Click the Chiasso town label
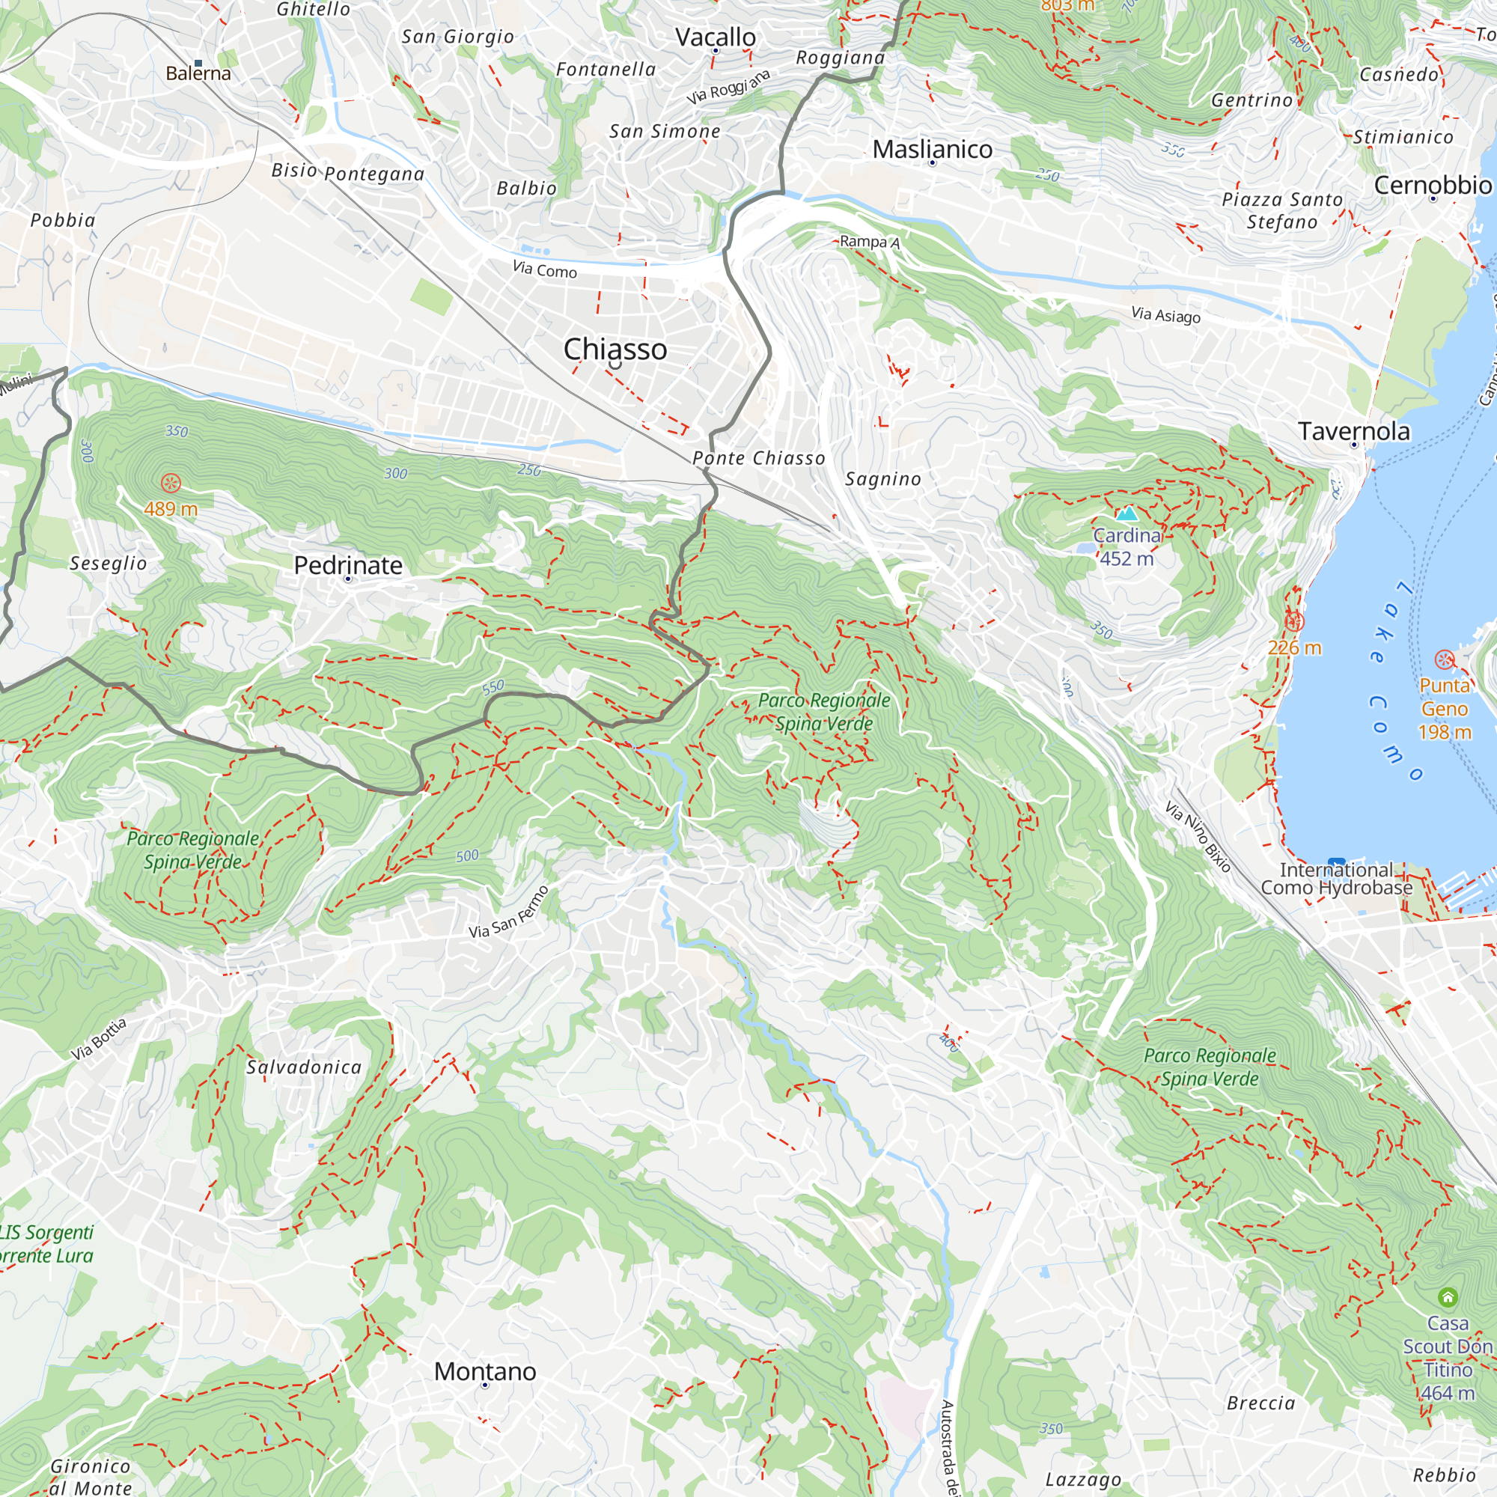(x=615, y=350)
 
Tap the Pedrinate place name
(x=348, y=566)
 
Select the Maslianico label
(x=932, y=150)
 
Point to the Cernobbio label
(x=1432, y=185)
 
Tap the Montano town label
(x=484, y=1371)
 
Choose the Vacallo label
(x=715, y=37)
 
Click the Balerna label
(x=198, y=73)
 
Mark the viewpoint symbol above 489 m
(x=171, y=484)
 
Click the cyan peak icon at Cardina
(x=1126, y=513)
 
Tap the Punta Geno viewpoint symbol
(x=1445, y=659)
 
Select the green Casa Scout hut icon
(x=1448, y=1296)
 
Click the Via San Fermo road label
(x=509, y=912)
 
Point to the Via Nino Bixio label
(x=1198, y=837)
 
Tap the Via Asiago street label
(x=1165, y=314)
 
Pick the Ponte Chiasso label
(x=758, y=459)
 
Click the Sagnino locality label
(x=882, y=480)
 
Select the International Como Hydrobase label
(x=1336, y=879)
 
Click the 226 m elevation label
(x=1294, y=647)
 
